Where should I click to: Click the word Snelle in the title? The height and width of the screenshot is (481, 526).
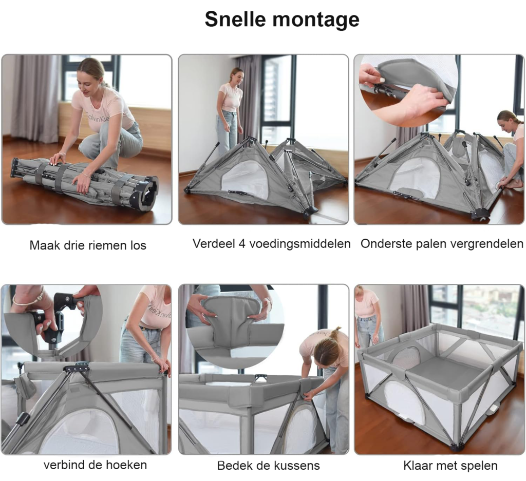235,19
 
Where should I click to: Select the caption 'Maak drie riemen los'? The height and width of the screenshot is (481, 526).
88,245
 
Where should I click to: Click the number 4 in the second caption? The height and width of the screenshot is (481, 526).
242,243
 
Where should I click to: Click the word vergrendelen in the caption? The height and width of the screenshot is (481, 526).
484,244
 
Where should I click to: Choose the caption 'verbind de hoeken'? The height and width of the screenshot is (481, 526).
95,465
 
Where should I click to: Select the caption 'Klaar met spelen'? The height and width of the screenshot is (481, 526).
450,466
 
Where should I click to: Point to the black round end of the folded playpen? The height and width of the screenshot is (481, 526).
147,194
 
